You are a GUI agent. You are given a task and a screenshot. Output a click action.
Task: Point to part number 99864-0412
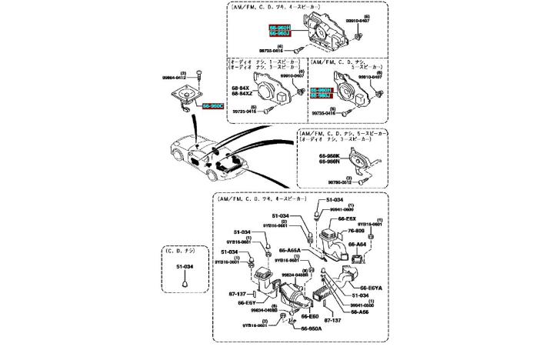(x=175, y=78)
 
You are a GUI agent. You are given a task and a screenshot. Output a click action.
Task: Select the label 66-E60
(x=309, y=316)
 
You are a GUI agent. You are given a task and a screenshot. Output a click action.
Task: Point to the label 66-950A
(x=312, y=328)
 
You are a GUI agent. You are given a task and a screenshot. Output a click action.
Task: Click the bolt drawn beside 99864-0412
(x=198, y=75)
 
